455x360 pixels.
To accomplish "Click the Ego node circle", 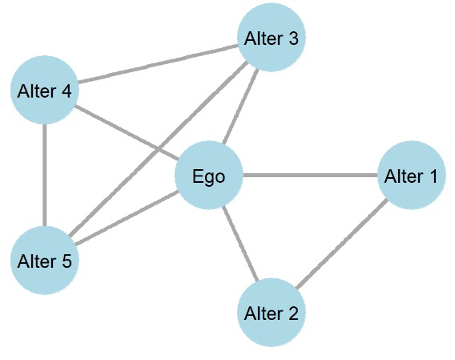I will coord(209,176).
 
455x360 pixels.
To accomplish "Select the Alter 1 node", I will coord(411,176).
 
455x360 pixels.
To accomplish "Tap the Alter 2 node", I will coord(272,312).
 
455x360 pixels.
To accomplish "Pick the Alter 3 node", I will coord(272,38).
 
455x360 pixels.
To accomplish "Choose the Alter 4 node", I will coord(45,91).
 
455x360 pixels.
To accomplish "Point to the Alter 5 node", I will coord(45,261).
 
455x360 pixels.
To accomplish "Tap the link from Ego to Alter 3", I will coord(240,107).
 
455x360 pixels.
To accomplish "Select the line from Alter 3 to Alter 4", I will coord(158,64).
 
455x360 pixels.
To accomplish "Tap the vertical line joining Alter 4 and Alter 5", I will coord(45,176).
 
